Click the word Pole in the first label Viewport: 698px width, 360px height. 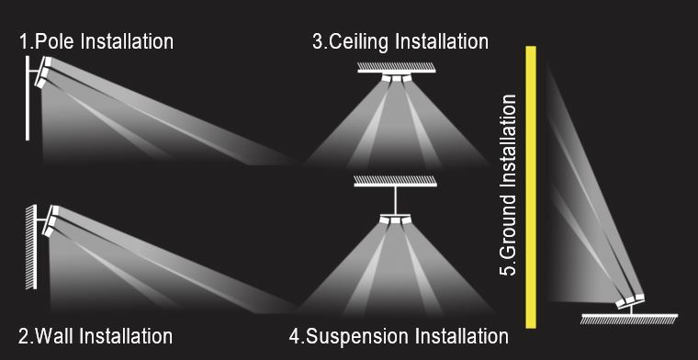pos(55,42)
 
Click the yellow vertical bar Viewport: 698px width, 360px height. pos(531,187)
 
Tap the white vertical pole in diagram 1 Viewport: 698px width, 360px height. pos(28,98)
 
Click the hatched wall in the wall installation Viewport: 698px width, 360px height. pos(30,247)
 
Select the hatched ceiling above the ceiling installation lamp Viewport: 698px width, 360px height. pos(396,67)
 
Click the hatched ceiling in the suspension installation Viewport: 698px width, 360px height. pos(395,181)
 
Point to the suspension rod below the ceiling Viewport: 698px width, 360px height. pos(395,200)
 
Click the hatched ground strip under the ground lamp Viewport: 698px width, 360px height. pos(629,319)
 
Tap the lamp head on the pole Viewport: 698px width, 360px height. pos(43,72)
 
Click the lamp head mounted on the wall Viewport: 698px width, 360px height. pos(51,220)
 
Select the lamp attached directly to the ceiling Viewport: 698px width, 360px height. pos(396,77)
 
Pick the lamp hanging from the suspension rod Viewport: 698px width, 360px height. pos(395,219)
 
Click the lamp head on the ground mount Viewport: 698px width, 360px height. pos(630,300)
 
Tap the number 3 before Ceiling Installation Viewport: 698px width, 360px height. pos(319,41)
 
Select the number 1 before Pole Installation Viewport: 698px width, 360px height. pos(24,42)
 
